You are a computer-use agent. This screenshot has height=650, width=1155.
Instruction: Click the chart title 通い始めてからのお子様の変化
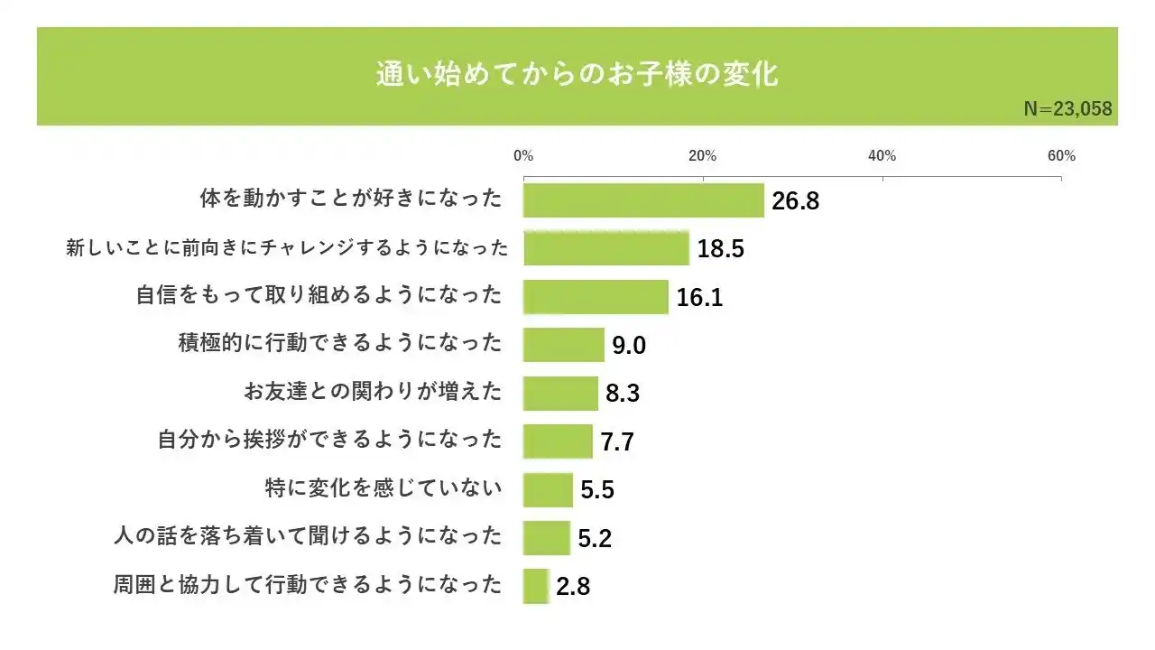point(577,74)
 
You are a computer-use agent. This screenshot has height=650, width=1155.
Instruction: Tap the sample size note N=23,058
point(1067,109)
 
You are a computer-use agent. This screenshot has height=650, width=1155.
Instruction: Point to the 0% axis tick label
point(523,156)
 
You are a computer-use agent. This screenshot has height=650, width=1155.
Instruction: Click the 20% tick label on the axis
point(702,156)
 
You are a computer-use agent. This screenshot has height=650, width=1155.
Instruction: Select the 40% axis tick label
point(882,156)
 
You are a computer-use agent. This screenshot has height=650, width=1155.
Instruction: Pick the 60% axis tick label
point(1061,156)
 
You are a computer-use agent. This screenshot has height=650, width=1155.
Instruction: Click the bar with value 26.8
point(643,200)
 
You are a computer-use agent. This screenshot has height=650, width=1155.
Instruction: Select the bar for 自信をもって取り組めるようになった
point(596,297)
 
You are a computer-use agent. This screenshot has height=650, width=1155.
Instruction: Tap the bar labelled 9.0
point(563,345)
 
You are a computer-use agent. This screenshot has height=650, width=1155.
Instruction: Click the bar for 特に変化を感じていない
point(548,489)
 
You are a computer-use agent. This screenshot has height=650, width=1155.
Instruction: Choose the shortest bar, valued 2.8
point(536,586)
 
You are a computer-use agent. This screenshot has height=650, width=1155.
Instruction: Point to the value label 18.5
point(720,249)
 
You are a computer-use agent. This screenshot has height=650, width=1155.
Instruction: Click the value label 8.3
point(623,394)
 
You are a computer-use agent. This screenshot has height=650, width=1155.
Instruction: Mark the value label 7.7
point(617,442)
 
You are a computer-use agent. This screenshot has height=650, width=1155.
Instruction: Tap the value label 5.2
point(595,539)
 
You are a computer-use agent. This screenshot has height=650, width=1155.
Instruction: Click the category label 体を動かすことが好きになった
point(351,200)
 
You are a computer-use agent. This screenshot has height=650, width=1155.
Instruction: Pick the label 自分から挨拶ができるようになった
point(329,441)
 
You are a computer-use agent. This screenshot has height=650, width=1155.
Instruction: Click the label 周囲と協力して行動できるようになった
point(308,585)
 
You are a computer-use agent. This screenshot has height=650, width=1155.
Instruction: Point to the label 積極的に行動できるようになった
point(340,344)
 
